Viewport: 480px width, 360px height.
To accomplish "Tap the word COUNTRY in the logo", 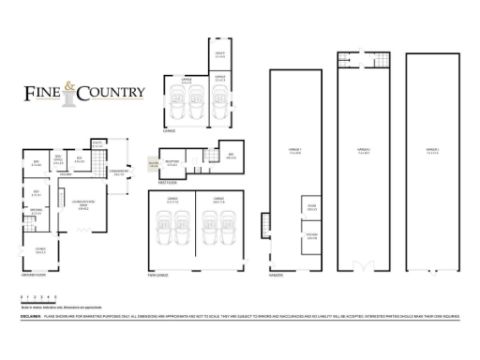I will point(112,92).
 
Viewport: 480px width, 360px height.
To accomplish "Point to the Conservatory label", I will point(119,172).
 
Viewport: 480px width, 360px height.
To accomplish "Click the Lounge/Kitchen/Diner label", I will point(83,208).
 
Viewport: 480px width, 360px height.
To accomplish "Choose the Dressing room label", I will point(37,212).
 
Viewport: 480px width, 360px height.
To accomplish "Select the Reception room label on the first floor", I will point(172,164).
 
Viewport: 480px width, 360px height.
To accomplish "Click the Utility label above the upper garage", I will point(217,55).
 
